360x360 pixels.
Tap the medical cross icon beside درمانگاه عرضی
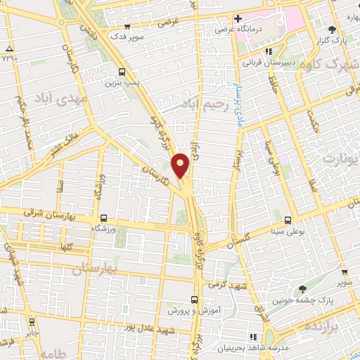coord(238,18)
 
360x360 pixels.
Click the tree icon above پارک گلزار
coord(332,30)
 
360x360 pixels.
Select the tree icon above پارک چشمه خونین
coord(302,289)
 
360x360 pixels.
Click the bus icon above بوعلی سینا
coord(288,219)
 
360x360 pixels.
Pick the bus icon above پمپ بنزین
coord(122,72)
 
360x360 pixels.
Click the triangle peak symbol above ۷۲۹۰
coord(8,49)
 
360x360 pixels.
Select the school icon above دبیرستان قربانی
coord(268,51)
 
